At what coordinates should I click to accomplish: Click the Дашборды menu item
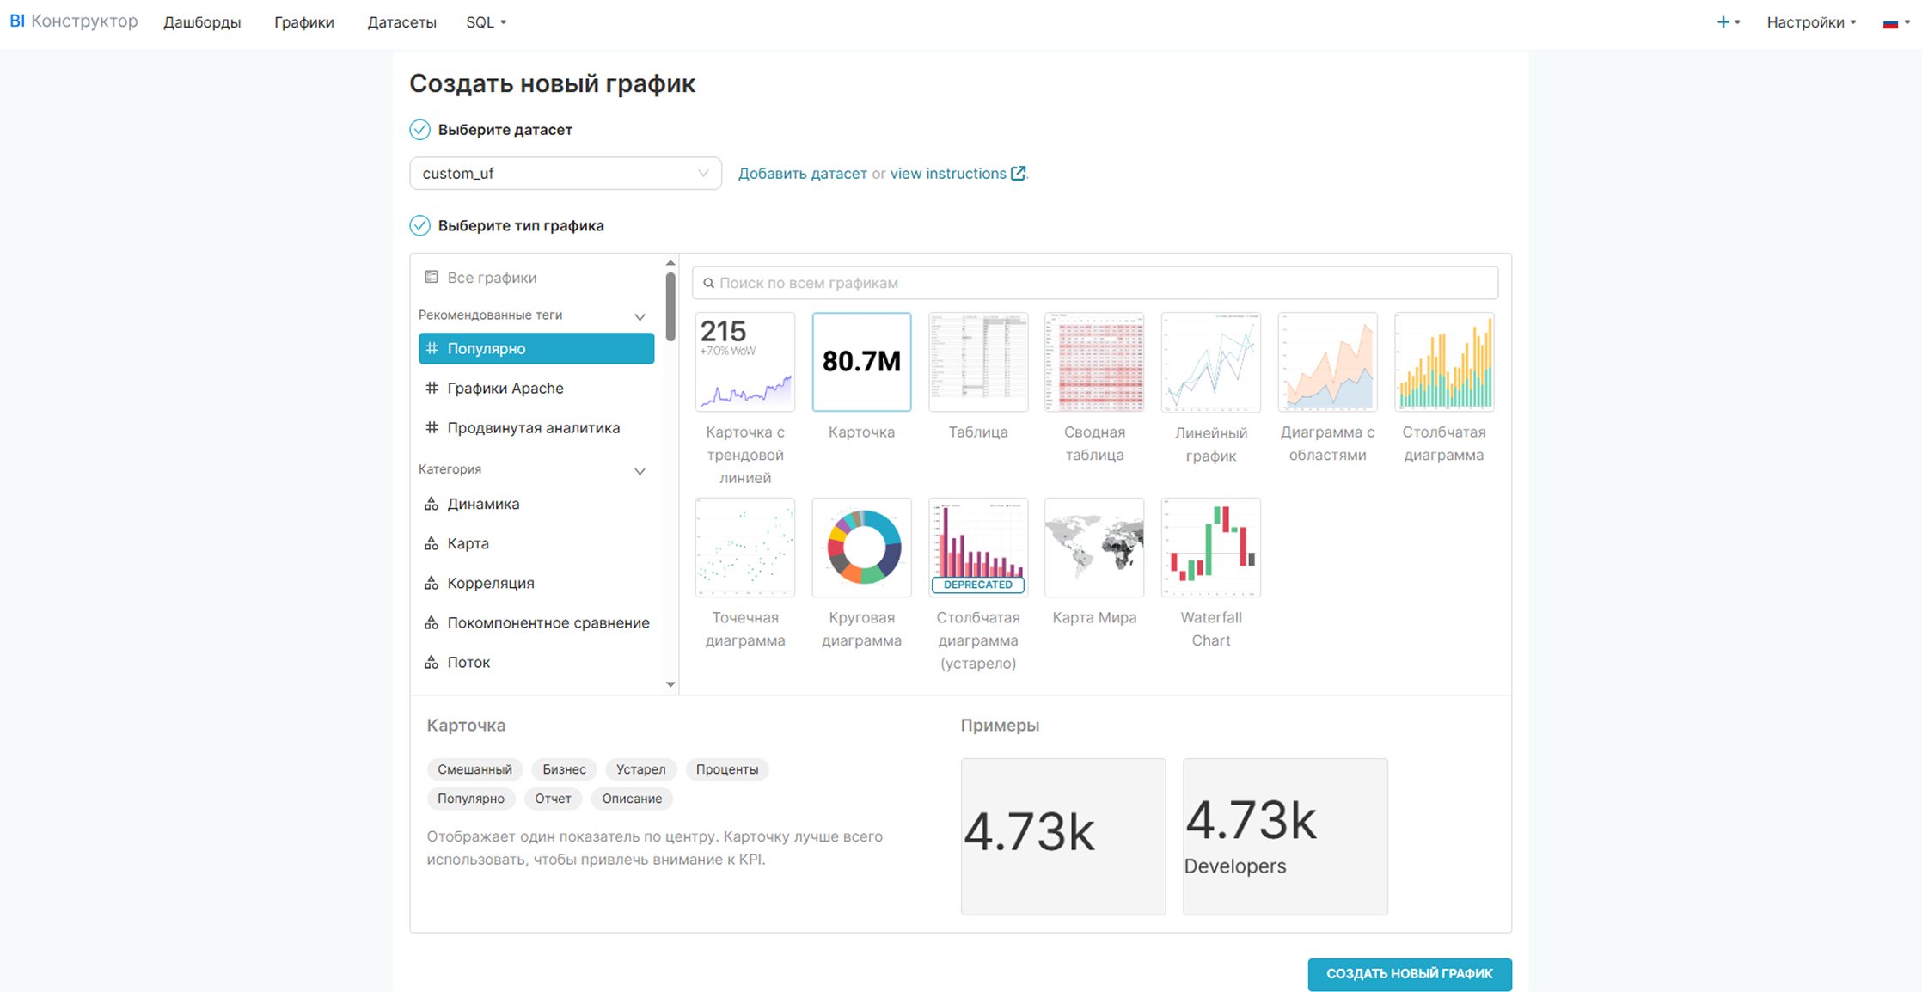point(202,22)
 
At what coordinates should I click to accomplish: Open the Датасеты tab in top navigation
point(401,22)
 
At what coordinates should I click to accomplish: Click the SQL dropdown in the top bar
point(486,22)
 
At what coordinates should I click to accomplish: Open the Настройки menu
point(1810,22)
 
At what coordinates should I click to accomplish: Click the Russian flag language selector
point(1895,23)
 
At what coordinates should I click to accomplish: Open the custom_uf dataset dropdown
point(565,174)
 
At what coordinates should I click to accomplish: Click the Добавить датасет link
point(802,174)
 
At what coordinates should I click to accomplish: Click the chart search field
point(1095,283)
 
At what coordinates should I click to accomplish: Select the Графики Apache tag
point(505,389)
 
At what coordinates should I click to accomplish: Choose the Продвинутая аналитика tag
point(533,428)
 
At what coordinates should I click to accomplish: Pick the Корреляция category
point(490,584)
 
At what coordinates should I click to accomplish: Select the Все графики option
point(491,278)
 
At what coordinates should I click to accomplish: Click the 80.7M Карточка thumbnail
point(861,362)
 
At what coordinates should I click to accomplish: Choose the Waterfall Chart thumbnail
point(1210,548)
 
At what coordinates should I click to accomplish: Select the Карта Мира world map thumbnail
point(1094,548)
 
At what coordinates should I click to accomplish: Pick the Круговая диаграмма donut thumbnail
point(861,548)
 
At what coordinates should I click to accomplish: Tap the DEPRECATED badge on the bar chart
point(978,585)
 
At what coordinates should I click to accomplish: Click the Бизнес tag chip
point(564,769)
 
